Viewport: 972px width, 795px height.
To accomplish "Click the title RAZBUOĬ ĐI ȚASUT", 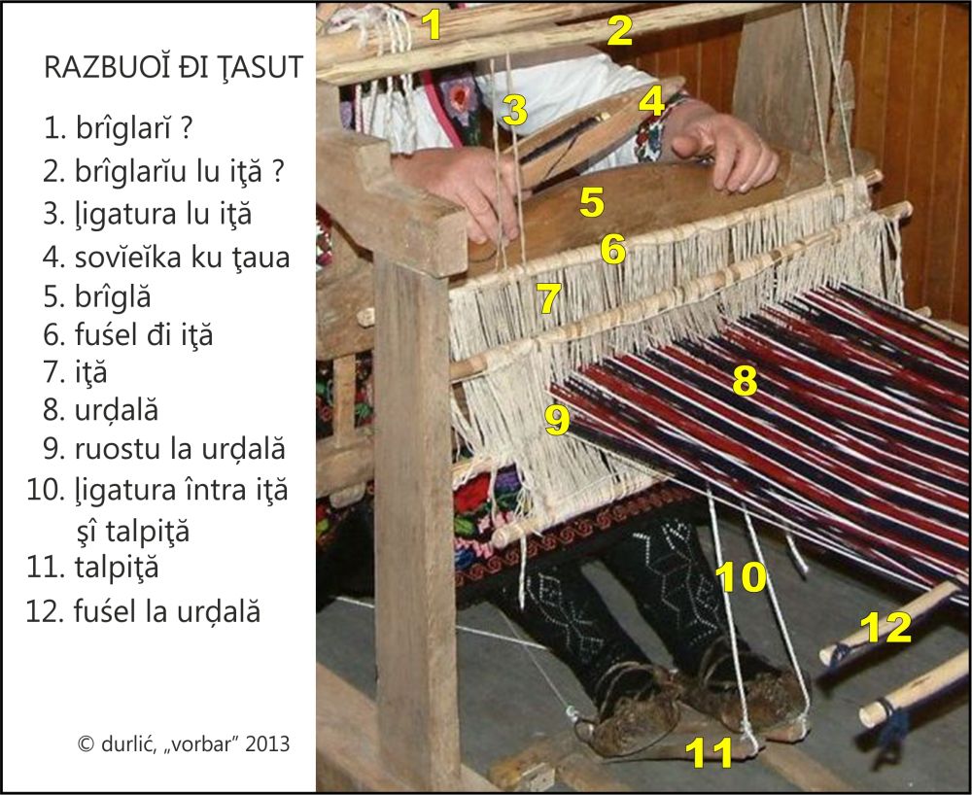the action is coord(173,67).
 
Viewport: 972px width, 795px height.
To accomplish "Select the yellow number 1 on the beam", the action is coord(432,25).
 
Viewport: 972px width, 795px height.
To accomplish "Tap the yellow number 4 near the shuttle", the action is coord(651,101).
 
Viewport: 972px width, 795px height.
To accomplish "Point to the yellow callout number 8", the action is coord(745,380).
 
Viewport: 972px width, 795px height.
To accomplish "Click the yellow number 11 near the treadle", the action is coord(710,750).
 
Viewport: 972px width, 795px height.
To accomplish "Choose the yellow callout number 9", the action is coord(557,420).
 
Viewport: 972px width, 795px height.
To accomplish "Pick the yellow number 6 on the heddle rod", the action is coord(613,249).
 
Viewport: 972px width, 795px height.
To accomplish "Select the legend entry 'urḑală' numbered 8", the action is coord(117,410).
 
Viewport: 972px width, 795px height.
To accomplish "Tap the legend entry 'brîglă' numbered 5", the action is coord(112,296).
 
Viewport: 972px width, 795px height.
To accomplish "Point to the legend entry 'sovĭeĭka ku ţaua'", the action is coord(182,258).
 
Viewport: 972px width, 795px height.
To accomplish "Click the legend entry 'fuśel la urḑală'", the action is coord(167,611).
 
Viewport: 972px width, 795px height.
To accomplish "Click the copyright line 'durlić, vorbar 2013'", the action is coord(184,743).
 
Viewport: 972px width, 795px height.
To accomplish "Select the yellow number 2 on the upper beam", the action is coord(620,31).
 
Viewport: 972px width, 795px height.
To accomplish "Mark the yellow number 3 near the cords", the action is coord(515,110).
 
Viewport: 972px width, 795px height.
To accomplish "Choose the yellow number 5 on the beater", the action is coord(591,202).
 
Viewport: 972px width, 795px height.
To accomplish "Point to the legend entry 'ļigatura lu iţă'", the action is coord(163,215).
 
